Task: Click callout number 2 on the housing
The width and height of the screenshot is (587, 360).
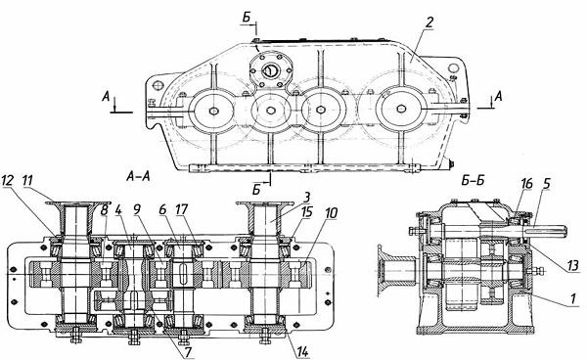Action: [429, 22]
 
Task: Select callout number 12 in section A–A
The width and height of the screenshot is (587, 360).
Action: [8, 180]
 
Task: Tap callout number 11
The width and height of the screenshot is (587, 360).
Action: [27, 180]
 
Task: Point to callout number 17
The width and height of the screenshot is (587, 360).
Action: [182, 210]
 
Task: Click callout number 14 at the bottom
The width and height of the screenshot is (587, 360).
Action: [302, 352]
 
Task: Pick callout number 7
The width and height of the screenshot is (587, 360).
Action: [187, 352]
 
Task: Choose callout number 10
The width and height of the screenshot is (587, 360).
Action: [332, 213]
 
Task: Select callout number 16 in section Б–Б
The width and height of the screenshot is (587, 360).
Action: [526, 184]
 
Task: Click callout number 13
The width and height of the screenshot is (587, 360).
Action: [572, 265]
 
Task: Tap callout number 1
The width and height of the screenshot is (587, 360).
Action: [572, 298]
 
